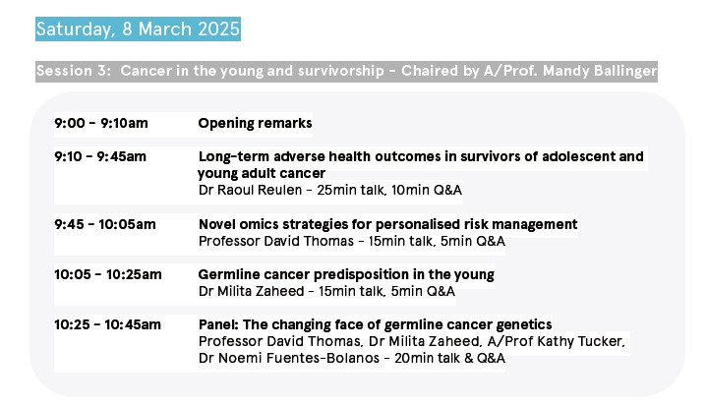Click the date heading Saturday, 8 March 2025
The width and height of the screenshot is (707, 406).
point(138,29)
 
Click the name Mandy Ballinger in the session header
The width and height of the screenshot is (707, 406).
point(600,71)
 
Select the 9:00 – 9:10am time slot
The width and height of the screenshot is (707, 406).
point(101,123)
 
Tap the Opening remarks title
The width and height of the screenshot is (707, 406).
point(255,124)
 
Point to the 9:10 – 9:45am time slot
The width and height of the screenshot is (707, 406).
point(100,156)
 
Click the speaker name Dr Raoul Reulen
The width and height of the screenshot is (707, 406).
point(250,190)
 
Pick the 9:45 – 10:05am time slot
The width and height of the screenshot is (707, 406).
point(105,224)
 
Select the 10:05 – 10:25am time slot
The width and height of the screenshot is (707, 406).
point(108,274)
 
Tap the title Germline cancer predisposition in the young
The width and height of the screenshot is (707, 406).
point(346,274)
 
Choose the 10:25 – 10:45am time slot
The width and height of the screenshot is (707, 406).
point(107,324)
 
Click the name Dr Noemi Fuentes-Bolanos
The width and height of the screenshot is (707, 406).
point(289,358)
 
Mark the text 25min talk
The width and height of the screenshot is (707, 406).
point(351,190)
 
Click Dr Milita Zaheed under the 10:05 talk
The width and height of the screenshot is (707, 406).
point(251,291)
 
